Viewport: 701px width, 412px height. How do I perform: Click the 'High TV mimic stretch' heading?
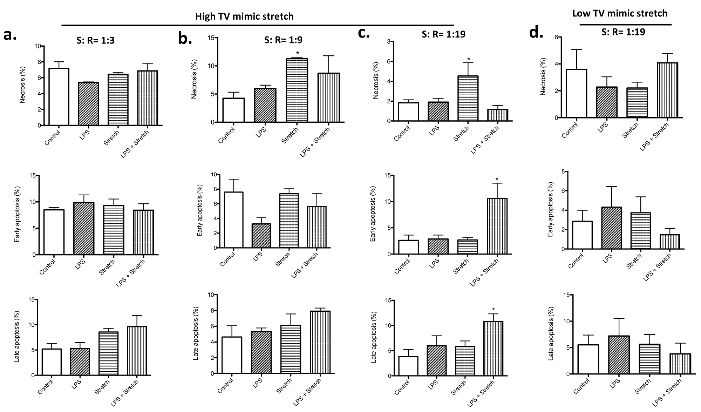click(244, 16)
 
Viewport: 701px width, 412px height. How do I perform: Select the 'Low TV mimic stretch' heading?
click(620, 13)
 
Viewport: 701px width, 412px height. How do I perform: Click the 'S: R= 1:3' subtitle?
click(95, 40)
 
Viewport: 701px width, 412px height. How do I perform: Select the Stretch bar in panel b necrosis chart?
click(297, 90)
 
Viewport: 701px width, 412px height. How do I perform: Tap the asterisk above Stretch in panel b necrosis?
click(297, 54)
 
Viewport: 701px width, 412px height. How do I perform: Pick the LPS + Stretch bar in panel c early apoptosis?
click(497, 226)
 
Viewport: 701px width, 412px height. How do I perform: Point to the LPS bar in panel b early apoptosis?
click(261, 236)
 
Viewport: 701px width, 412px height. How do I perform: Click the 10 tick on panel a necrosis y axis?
click(38, 46)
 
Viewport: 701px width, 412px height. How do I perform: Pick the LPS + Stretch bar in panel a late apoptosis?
click(137, 351)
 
